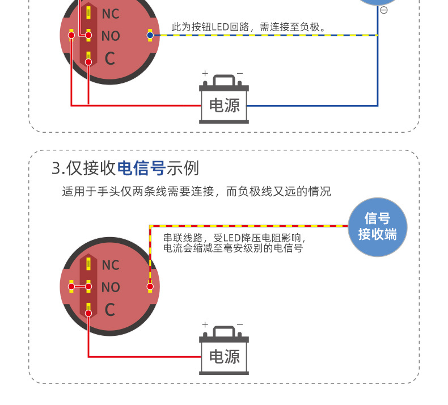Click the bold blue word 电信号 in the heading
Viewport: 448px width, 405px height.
[x=141, y=168]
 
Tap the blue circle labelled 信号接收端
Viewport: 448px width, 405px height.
[x=377, y=226]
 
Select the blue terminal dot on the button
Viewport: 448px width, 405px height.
[x=150, y=35]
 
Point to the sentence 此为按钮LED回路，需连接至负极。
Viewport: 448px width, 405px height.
[x=249, y=27]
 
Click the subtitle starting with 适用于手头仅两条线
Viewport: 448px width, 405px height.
[x=196, y=192]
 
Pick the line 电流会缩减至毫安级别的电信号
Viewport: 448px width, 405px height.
[x=233, y=248]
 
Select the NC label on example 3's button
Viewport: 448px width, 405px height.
[x=111, y=265]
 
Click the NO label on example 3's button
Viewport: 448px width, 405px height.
[x=111, y=288]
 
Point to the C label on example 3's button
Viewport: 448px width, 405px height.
[x=110, y=310]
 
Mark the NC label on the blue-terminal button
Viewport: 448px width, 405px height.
[x=111, y=14]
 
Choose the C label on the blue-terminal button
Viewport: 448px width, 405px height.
[x=110, y=58]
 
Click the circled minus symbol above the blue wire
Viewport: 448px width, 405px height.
[x=384, y=10]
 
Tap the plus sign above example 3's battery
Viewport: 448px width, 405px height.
[x=206, y=324]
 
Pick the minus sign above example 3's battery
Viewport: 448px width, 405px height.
[x=239, y=324]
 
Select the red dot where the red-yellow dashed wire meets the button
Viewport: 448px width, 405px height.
[x=150, y=286]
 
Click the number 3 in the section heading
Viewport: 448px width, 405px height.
[x=56, y=168]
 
